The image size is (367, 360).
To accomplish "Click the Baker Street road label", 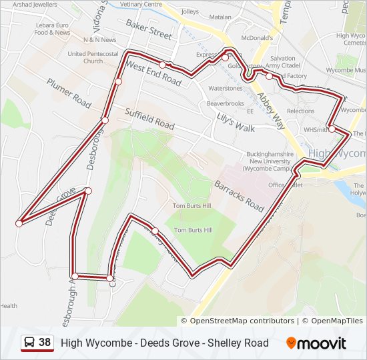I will [149, 29].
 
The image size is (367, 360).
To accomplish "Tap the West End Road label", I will [153, 74].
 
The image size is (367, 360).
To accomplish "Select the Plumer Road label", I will [69, 93].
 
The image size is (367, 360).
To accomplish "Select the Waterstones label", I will [226, 88].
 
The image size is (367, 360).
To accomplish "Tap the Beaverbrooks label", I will [226, 103].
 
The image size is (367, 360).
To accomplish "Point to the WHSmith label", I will [316, 130].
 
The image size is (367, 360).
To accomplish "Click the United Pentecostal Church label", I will [93, 57].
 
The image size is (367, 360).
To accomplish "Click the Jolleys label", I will [190, 11].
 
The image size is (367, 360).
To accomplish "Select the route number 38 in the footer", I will [45, 343].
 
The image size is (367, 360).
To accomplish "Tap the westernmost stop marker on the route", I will [19, 223].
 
